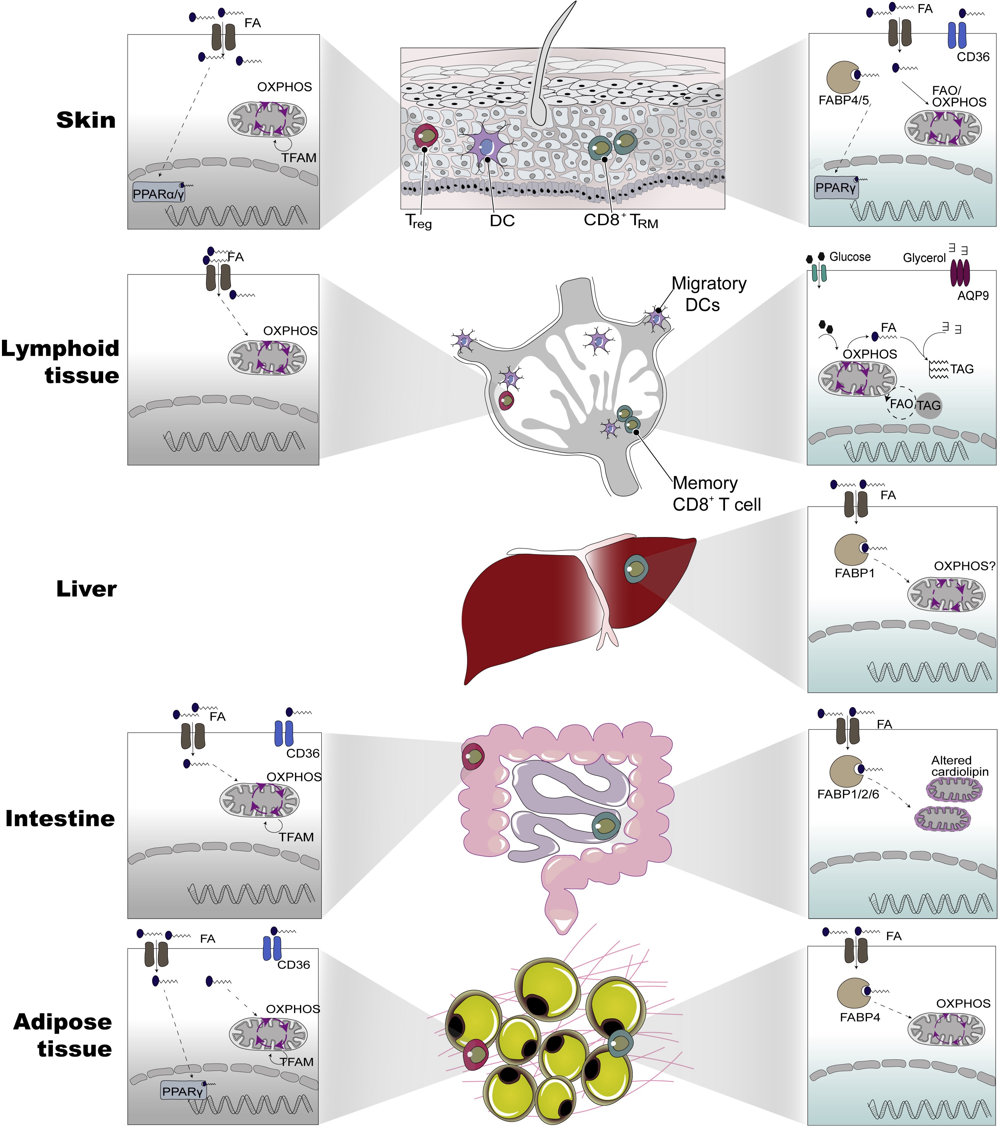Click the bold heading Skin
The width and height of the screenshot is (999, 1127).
86,120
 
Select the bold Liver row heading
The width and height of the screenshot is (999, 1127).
86,589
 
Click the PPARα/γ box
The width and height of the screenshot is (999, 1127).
159,193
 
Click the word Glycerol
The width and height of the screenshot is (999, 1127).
924,258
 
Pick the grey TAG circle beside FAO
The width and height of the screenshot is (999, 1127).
928,405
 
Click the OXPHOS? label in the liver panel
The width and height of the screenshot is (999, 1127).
964,566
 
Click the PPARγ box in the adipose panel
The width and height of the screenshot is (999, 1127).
183,1091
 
